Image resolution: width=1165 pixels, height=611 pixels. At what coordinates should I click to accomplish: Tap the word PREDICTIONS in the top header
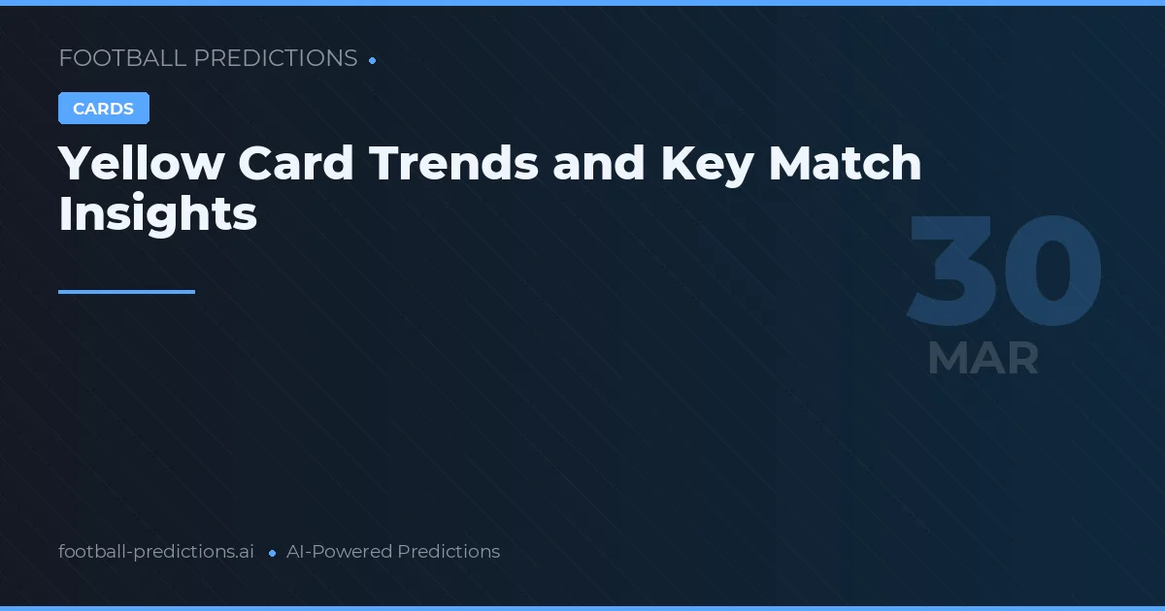pos(276,58)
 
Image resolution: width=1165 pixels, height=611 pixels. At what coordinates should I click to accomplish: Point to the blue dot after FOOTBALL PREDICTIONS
pos(373,60)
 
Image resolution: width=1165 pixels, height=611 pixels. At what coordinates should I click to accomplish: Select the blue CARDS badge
pos(104,109)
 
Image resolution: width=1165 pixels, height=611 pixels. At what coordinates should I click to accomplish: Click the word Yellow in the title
pos(141,164)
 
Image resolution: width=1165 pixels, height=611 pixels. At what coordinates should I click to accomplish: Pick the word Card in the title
pos(296,164)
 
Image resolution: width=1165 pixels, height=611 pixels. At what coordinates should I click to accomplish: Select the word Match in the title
pos(845,164)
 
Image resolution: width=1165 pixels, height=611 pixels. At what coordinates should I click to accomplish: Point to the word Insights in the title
pos(157,214)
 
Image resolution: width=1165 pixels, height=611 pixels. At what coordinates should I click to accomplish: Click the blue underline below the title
pos(126,291)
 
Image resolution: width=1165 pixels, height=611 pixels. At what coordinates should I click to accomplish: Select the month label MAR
pos(982,359)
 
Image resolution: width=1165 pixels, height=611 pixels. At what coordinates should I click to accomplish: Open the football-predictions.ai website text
pos(156,552)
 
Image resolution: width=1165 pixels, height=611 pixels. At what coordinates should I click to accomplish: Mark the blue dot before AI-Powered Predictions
pos(272,553)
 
